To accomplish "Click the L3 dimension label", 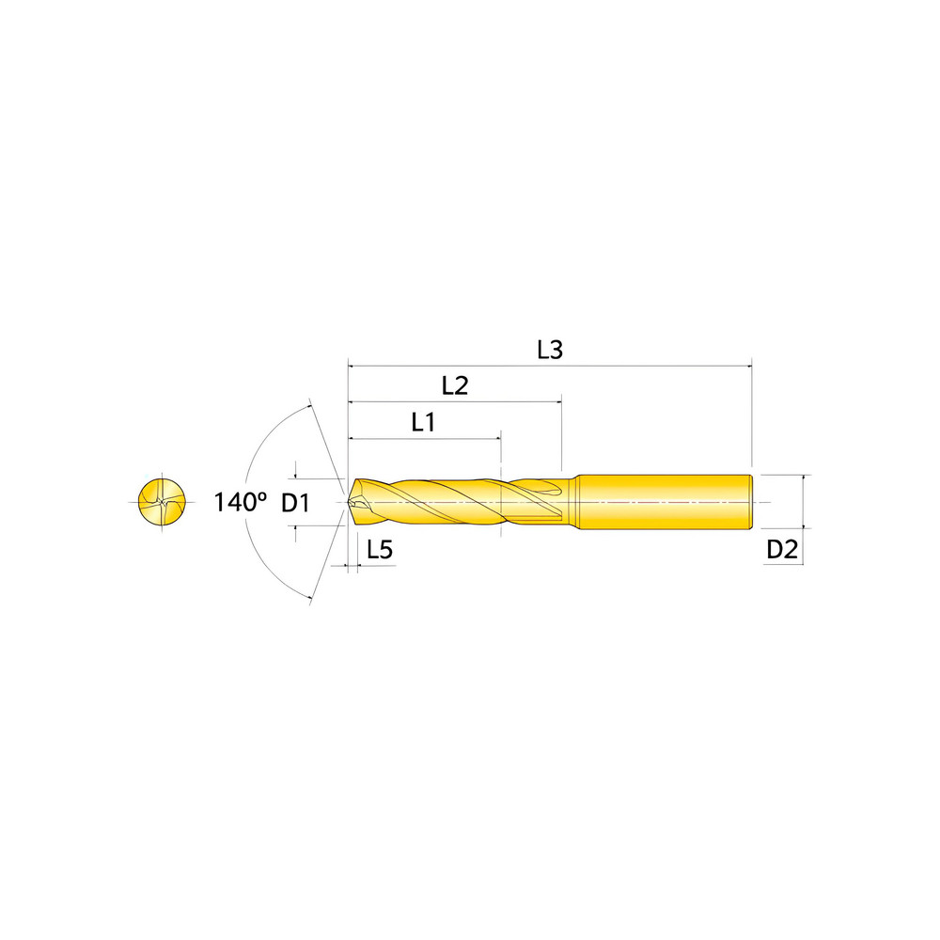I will pyautogui.click(x=550, y=350).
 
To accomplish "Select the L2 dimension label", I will pyautogui.click(x=455, y=385).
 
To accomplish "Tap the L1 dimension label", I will pyautogui.click(x=423, y=422).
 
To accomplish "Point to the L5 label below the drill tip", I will pyautogui.click(x=379, y=551).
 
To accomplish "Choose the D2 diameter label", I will pyautogui.click(x=782, y=551).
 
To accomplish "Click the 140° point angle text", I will pyautogui.click(x=241, y=502).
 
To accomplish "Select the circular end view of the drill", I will pyautogui.click(x=162, y=503).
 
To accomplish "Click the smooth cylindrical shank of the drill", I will pyautogui.click(x=663, y=503).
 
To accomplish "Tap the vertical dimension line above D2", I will pyautogui.click(x=804, y=503).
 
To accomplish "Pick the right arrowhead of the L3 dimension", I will pyautogui.click(x=749, y=364).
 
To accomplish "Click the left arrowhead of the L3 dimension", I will pyautogui.click(x=352, y=364).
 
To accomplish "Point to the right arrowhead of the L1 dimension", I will pyautogui.click(x=497, y=438).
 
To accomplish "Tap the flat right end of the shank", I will pyautogui.click(x=752, y=503).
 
